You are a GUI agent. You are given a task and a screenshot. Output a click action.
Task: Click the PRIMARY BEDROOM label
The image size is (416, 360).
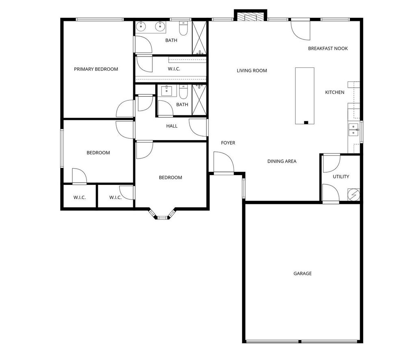(96, 69)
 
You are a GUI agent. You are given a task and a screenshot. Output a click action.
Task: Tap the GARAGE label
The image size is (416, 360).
(302, 273)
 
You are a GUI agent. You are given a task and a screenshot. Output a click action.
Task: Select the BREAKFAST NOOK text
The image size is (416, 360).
(328, 48)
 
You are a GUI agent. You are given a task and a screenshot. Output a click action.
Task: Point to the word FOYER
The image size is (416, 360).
(228, 143)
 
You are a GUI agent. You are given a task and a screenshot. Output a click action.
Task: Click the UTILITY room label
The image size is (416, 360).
(341, 177)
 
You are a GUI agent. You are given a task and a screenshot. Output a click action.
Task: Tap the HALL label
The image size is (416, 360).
(172, 126)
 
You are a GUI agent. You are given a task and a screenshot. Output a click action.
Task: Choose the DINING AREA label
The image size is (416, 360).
(282, 161)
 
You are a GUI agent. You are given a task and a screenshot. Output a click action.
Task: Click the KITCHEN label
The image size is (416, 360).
(335, 92)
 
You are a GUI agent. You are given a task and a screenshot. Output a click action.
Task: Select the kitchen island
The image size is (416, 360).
(305, 96)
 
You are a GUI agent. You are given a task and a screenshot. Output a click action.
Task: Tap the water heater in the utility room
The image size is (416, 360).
(354, 195)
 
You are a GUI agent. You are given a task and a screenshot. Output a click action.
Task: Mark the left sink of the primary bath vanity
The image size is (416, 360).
(141, 26)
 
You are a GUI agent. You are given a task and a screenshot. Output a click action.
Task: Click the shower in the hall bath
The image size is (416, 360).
(199, 100)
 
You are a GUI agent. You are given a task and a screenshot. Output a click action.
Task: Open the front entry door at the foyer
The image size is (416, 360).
(224, 163)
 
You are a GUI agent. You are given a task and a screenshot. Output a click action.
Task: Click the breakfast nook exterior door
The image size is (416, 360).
(301, 29)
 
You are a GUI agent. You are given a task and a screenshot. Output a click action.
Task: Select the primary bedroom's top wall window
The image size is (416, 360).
(100, 20)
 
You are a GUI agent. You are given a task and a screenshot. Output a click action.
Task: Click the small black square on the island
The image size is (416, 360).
(306, 123)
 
